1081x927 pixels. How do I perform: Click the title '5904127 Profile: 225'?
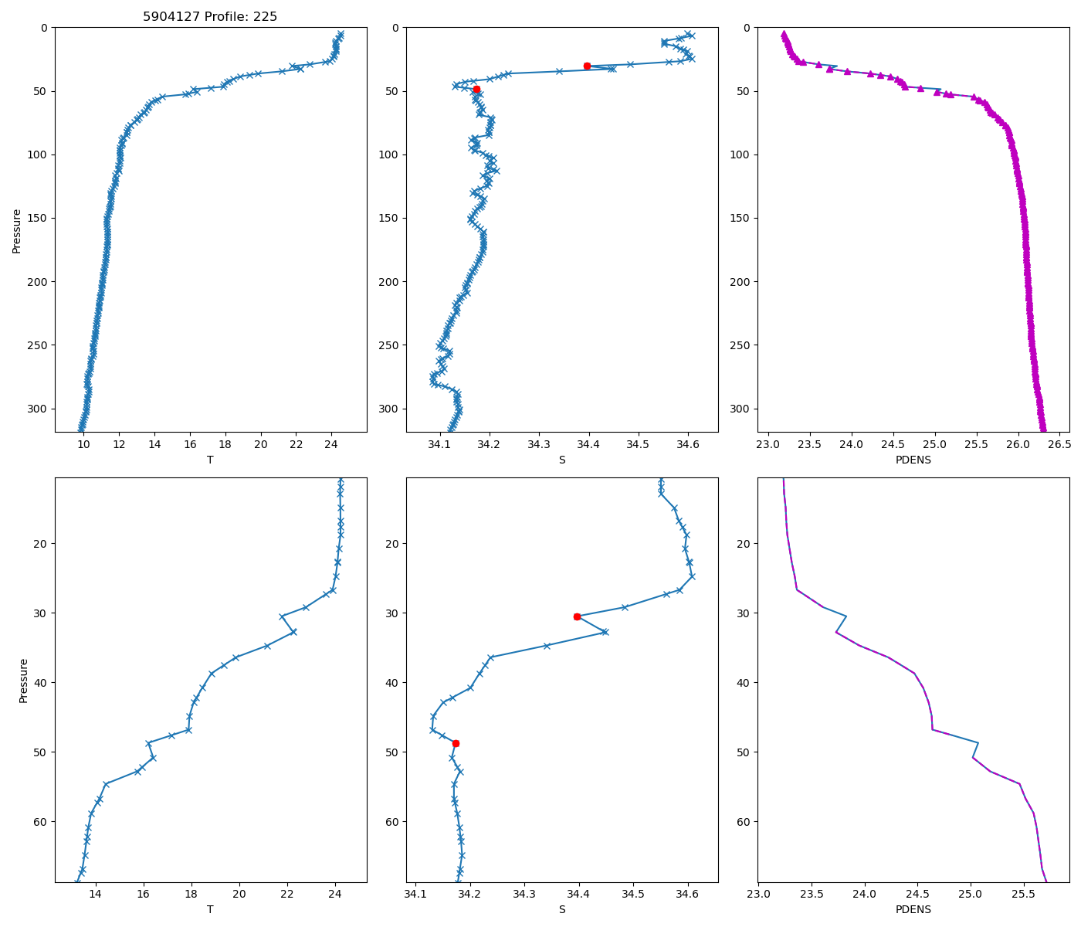click(x=210, y=16)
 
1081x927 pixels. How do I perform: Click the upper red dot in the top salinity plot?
click(x=587, y=66)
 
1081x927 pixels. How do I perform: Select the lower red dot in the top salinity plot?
click(x=476, y=89)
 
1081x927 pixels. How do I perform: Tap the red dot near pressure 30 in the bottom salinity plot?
click(x=577, y=616)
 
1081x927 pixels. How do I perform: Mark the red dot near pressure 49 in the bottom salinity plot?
click(x=456, y=743)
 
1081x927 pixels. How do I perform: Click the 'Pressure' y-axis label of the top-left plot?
click(x=17, y=230)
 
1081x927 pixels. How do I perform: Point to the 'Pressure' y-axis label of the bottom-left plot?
click(x=23, y=680)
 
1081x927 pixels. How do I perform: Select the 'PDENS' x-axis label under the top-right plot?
click(x=913, y=460)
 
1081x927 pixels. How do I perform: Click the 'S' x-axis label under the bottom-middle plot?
click(x=562, y=909)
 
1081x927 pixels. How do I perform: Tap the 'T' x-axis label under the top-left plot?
click(x=210, y=460)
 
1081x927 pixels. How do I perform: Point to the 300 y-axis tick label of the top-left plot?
click(x=38, y=409)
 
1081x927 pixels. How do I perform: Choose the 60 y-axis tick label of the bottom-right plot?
click(x=743, y=821)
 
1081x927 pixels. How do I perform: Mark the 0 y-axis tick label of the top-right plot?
click(x=746, y=28)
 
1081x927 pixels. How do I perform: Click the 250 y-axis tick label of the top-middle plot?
click(x=388, y=345)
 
